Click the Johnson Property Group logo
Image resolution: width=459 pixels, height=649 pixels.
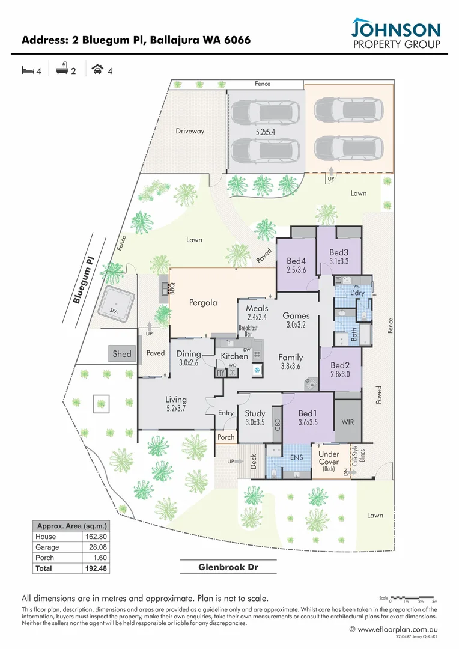(396, 35)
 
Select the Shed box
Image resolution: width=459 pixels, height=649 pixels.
(122, 354)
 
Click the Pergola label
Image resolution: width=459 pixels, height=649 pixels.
(203, 303)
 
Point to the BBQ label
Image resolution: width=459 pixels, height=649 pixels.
(172, 288)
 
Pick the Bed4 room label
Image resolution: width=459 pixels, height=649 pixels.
(297, 261)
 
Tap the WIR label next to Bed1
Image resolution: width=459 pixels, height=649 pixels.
(347, 422)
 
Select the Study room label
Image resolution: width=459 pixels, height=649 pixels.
(255, 413)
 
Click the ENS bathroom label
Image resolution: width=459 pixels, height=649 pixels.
(296, 457)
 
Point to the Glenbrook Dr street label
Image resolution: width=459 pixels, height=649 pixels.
(229, 567)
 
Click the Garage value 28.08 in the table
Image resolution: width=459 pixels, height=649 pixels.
(95, 547)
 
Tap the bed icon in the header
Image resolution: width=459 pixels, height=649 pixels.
(28, 70)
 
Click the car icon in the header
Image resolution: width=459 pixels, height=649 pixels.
(96, 70)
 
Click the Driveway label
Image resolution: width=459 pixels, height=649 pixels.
(190, 131)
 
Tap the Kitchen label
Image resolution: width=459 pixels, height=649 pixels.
(234, 356)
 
